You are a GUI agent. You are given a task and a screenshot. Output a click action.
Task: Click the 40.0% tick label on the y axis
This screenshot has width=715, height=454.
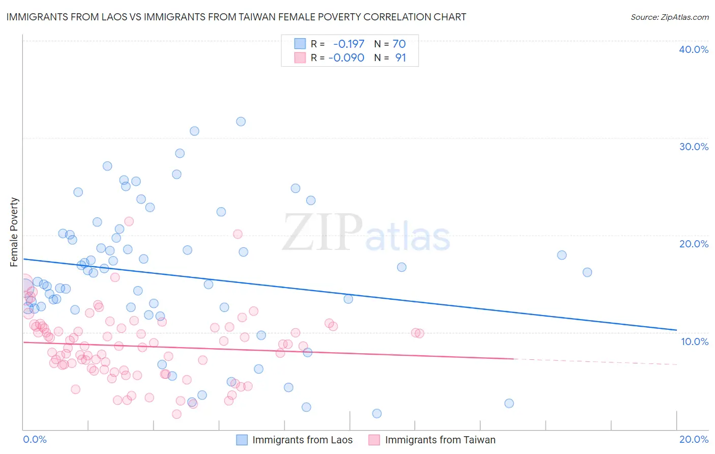(x=693, y=49)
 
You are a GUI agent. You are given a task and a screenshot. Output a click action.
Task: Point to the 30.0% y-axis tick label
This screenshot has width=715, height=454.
(x=693, y=147)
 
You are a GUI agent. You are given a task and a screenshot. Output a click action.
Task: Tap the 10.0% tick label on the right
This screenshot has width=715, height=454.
(x=694, y=342)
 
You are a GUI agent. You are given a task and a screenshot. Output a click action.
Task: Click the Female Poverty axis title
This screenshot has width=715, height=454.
(x=14, y=232)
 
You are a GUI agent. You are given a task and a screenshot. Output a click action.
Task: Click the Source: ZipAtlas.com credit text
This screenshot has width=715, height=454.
(x=669, y=17)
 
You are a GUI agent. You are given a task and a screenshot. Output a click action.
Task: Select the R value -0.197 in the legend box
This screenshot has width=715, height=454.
(x=348, y=44)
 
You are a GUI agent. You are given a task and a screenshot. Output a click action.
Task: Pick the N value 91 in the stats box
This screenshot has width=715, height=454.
(x=400, y=58)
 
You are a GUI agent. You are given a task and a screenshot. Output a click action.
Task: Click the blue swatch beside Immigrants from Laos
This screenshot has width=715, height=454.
(x=242, y=440)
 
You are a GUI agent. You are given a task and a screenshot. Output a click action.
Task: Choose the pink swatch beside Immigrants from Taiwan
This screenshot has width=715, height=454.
(x=374, y=440)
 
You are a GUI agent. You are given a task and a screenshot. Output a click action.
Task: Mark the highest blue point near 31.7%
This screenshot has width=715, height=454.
(x=241, y=122)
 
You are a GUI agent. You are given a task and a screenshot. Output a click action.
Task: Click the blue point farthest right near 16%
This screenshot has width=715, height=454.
(x=587, y=272)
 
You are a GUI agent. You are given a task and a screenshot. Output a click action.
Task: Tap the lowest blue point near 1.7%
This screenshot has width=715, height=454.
(x=377, y=413)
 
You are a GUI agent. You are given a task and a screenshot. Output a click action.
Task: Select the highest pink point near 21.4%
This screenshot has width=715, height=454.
(x=129, y=221)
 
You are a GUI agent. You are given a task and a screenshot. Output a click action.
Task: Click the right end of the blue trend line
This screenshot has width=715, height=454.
(x=676, y=330)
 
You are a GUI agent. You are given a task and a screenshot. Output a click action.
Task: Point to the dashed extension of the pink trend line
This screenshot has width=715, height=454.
(x=595, y=362)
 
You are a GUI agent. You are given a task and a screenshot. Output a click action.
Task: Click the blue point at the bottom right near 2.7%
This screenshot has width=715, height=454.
(x=509, y=404)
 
